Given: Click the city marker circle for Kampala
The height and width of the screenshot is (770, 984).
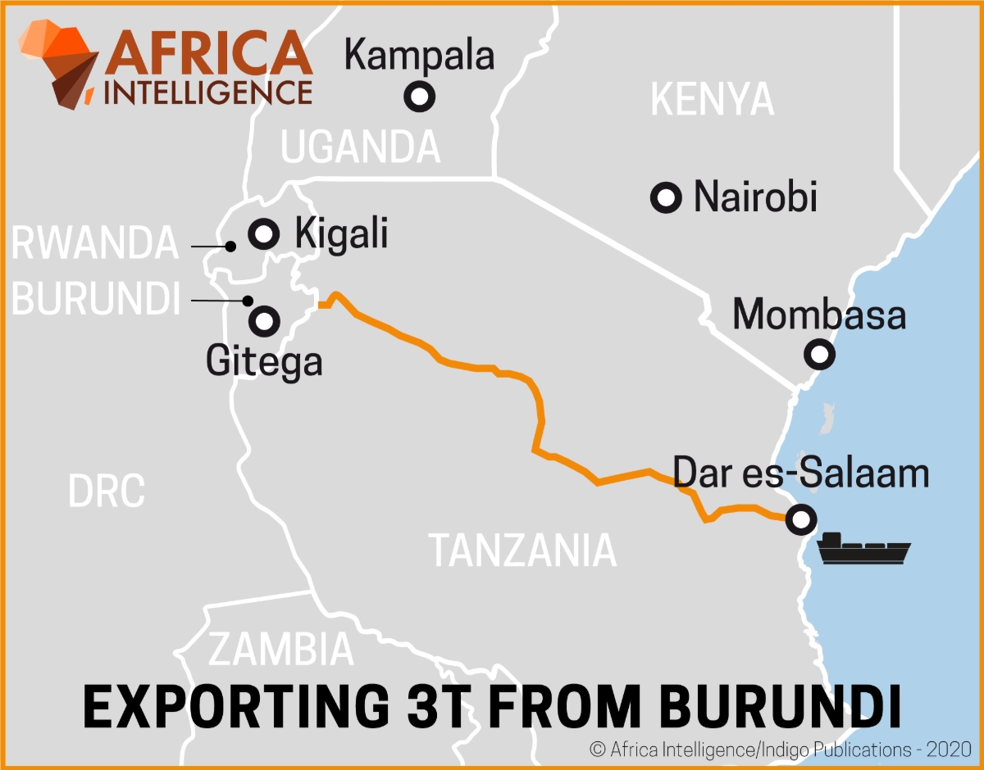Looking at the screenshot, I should point(420,97).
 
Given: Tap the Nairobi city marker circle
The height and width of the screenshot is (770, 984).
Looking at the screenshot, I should point(666,197).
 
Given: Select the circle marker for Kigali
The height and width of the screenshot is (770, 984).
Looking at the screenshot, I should point(264,234).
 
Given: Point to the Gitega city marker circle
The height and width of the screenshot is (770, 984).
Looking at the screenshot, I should point(264,320).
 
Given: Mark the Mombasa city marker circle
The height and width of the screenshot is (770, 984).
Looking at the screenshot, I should point(819,355).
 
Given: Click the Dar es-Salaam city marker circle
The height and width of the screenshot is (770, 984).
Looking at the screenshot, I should point(800,519).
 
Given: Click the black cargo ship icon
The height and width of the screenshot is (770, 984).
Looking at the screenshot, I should point(864,549).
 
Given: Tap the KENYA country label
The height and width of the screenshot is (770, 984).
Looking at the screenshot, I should point(712,100).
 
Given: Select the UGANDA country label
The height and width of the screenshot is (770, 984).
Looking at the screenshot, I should point(361,147).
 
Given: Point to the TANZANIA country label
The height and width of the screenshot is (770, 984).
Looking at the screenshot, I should point(523,550).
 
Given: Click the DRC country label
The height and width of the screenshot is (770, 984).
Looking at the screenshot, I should point(107,491).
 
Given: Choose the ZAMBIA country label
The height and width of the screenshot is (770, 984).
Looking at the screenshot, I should point(281,650).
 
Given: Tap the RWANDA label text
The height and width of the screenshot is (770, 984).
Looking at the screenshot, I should point(95,243).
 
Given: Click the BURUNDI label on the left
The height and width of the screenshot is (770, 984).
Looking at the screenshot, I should point(96,300).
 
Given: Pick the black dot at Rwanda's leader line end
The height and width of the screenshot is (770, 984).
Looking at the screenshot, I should point(231,246).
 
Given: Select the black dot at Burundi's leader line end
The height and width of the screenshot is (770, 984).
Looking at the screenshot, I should point(248,301).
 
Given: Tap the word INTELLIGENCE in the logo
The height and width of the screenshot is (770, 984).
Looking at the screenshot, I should point(209,91).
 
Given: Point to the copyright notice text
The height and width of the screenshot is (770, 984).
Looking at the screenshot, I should point(780,749).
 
